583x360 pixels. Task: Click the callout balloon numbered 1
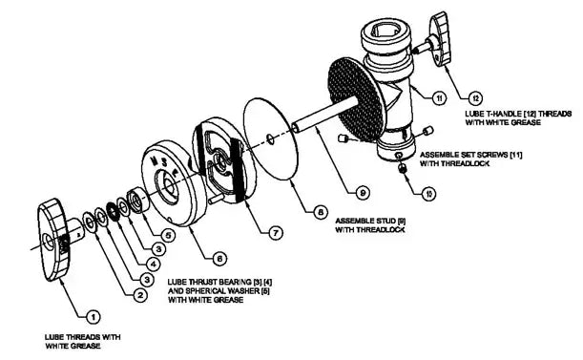(92, 313)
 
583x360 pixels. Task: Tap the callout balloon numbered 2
(139, 296)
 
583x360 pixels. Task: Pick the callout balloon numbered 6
(219, 257)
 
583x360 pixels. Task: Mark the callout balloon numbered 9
(364, 192)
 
